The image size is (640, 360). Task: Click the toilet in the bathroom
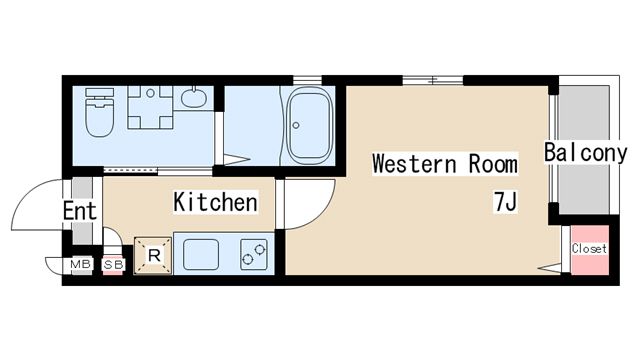point(100,112)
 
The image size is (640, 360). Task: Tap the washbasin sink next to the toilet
point(194,97)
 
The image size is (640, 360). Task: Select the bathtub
point(309,127)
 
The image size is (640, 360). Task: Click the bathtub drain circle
point(296,125)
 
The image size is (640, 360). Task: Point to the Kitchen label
point(216,202)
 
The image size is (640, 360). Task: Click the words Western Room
point(445,164)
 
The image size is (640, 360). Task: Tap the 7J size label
point(506,202)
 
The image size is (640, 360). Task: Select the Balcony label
point(585,153)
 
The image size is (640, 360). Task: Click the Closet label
point(589,248)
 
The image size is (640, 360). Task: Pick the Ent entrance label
point(80,211)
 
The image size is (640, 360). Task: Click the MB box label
point(80,264)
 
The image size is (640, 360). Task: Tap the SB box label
point(113,265)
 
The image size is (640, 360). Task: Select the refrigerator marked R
point(153,256)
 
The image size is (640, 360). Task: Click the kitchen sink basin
point(201,255)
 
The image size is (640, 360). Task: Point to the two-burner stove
point(254,255)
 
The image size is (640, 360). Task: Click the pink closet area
point(590,250)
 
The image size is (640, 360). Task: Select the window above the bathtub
point(307,80)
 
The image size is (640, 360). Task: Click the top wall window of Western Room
point(433,80)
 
